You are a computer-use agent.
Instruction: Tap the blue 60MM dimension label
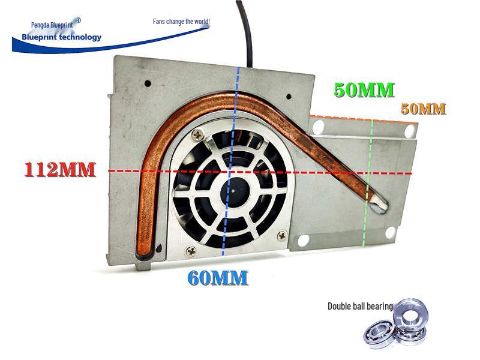[x=218, y=278]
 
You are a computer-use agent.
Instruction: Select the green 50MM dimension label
[x=364, y=90]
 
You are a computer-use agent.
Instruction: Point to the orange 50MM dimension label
[x=424, y=109]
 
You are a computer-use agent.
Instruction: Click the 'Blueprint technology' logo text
[x=62, y=37]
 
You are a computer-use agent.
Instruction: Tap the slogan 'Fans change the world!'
[x=182, y=22]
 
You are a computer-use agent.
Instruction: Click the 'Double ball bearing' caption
[x=360, y=306]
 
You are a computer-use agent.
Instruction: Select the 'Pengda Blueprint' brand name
[x=52, y=25]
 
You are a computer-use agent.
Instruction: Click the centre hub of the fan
[x=233, y=191]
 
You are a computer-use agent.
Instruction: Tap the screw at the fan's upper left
[x=198, y=134]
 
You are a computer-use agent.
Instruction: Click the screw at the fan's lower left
[x=191, y=251]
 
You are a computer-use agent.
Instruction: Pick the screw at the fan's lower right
[x=281, y=235]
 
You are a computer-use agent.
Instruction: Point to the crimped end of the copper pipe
[x=379, y=205]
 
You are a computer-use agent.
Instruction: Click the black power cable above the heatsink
[x=245, y=31]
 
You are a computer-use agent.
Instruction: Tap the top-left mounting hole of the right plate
[x=319, y=127]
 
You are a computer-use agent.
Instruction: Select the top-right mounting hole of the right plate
[x=409, y=131]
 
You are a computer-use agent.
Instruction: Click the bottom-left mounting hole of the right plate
[x=303, y=241]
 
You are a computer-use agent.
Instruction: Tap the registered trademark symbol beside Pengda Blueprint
[x=78, y=20]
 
